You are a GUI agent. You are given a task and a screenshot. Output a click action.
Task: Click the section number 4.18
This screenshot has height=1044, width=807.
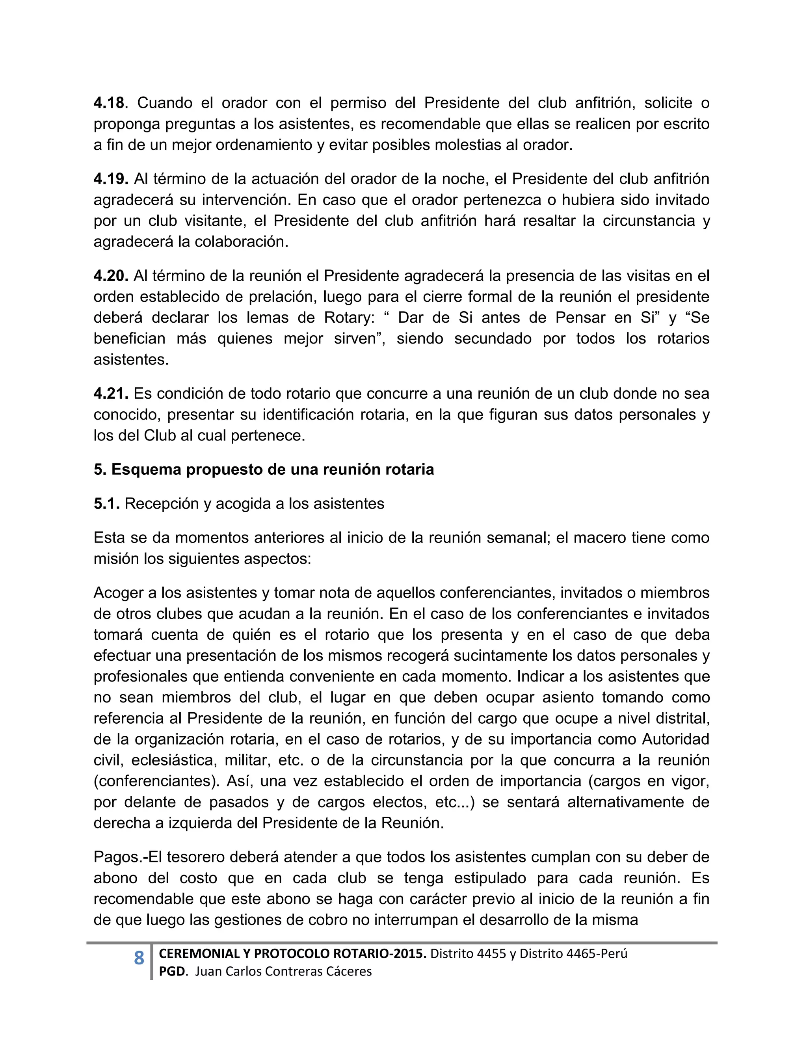coord(108,103)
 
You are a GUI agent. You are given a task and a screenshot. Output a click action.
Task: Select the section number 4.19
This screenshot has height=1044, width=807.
coord(110,179)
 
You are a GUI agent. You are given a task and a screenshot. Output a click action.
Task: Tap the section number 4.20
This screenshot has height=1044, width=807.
coord(110,276)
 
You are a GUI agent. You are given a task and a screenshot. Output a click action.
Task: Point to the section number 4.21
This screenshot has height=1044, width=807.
coord(110,394)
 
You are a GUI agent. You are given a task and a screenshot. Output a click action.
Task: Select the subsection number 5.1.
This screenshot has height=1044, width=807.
coord(106,503)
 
